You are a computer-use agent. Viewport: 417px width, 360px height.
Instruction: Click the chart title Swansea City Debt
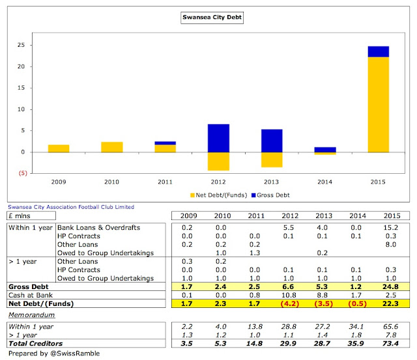click(x=208, y=18)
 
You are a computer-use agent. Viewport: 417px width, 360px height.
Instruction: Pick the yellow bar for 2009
click(x=58, y=148)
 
